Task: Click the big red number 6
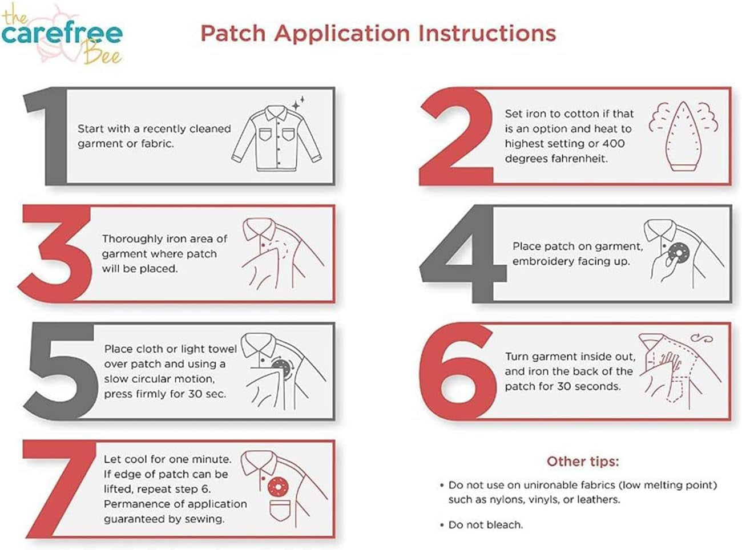[x=457, y=371]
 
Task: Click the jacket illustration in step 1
[x=277, y=138]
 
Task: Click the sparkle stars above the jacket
[x=298, y=103]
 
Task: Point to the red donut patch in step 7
[x=277, y=487]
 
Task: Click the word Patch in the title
[x=233, y=34]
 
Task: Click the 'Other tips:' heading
[x=583, y=462]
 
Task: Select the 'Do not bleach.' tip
[x=482, y=525]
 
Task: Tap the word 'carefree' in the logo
[x=62, y=34]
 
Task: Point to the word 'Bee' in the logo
[x=103, y=53]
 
